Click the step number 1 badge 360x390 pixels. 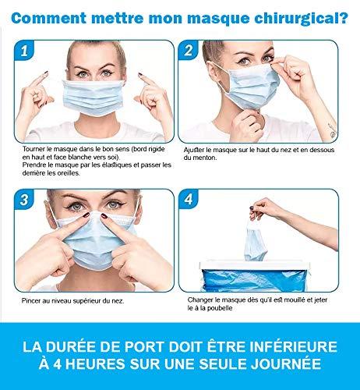coord(24,51)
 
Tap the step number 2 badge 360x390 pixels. coord(189,50)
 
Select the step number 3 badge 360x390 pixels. coord(24,200)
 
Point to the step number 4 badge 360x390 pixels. coord(189,200)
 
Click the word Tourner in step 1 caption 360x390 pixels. coord(34,149)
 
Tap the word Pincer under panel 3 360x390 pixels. coord(30,301)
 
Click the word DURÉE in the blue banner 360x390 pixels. coord(76,346)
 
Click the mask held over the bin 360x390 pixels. coord(255,239)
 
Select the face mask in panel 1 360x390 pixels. coord(94,97)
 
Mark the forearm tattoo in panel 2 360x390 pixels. coord(332,130)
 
